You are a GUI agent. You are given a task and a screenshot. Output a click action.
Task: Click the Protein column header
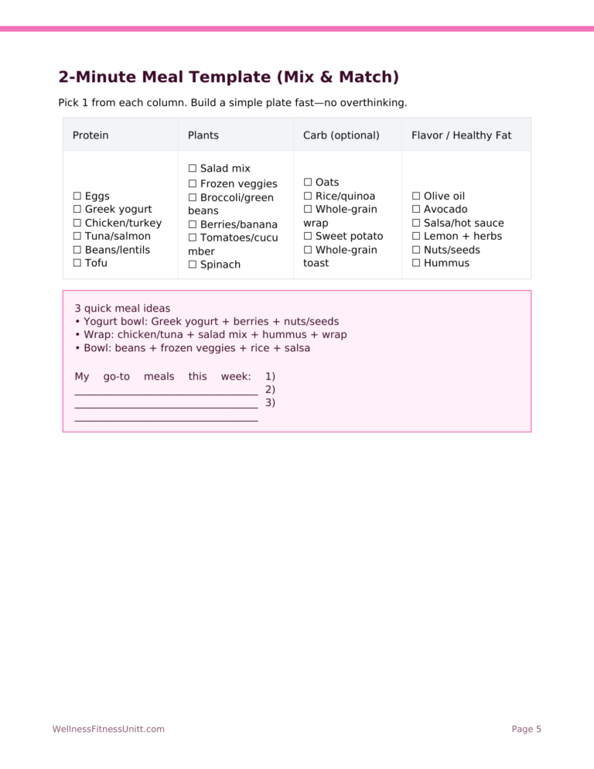point(90,135)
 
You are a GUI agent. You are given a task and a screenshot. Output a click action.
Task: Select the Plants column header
point(203,135)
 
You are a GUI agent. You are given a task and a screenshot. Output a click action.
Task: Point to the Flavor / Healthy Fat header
point(461,135)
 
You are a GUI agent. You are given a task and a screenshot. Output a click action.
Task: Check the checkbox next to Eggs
point(77,197)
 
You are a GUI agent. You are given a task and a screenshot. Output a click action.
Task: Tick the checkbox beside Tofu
point(77,263)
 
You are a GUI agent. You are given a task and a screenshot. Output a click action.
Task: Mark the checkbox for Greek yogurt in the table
point(77,210)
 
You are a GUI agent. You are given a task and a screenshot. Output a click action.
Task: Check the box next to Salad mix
point(193,169)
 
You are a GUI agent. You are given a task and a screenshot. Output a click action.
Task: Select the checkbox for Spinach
point(193,265)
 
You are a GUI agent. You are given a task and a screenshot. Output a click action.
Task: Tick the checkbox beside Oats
point(308,183)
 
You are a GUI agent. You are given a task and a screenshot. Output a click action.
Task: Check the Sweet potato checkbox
point(308,236)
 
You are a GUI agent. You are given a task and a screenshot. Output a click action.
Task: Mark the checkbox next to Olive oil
point(416,197)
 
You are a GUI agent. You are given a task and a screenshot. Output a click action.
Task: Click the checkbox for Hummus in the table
point(416,263)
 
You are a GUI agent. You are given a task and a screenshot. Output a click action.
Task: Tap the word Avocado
point(445,210)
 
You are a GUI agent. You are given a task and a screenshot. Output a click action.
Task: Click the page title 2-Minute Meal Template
point(228,77)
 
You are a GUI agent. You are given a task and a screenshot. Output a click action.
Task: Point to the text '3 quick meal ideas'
point(122,308)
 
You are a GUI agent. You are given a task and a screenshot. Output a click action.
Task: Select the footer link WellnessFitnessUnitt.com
point(108,729)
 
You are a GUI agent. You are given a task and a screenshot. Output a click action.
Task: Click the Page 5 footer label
point(526,729)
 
